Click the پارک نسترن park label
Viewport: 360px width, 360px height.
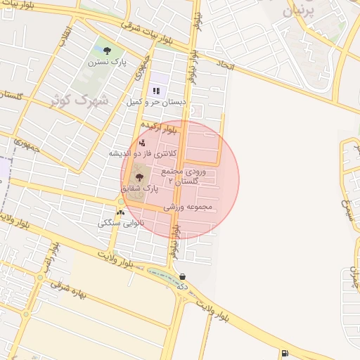(x=107, y=62)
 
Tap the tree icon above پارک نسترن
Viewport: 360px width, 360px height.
(x=107, y=51)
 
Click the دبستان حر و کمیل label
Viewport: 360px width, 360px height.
(x=156, y=102)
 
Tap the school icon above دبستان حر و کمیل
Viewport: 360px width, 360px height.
(x=156, y=91)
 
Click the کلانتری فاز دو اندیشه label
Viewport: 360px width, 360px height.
(x=146, y=153)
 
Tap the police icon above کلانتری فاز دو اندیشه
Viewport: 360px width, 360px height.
(x=143, y=143)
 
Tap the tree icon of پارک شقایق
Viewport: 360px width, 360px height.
(x=139, y=178)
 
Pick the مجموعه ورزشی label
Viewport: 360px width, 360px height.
(x=188, y=208)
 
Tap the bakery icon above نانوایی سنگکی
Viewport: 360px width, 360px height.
(x=120, y=212)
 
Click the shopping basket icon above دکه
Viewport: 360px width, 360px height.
(x=183, y=277)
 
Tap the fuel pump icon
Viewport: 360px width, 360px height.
(x=284, y=353)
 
